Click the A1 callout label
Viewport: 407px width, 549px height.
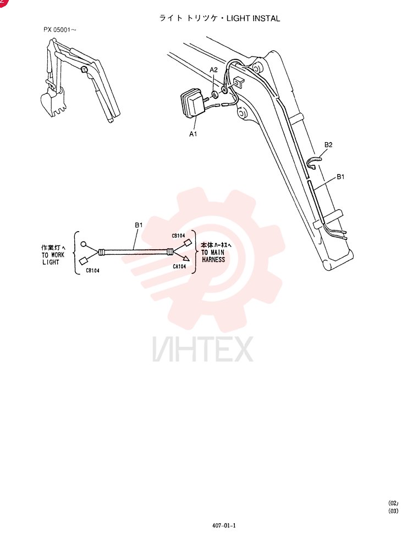(x=193, y=134)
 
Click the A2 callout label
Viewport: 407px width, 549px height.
(x=213, y=70)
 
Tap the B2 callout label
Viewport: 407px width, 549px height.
(x=328, y=144)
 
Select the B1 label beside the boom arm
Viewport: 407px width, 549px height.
(x=340, y=176)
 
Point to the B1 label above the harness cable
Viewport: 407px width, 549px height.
(x=139, y=225)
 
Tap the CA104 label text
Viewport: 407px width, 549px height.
(x=179, y=266)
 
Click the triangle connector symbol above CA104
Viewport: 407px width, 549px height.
(x=185, y=259)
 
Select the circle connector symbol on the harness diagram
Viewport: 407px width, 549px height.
(x=84, y=244)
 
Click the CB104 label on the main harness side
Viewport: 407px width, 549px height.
(x=178, y=236)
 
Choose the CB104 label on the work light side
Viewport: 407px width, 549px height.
(x=92, y=270)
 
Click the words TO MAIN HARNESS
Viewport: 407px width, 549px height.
(x=213, y=256)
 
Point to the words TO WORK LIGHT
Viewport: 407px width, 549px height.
(x=53, y=259)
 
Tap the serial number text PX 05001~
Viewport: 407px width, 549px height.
(x=59, y=30)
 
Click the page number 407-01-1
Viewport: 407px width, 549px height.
(x=224, y=525)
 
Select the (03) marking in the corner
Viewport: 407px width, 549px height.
(x=393, y=511)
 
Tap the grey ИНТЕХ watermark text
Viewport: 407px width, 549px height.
(x=203, y=349)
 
